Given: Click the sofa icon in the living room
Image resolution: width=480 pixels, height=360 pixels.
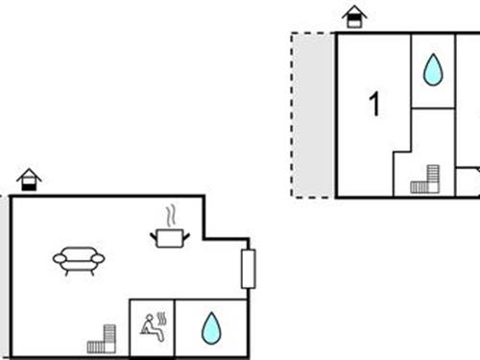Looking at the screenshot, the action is (x=79, y=259).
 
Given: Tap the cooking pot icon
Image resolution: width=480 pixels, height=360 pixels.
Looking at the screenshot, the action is (x=171, y=236).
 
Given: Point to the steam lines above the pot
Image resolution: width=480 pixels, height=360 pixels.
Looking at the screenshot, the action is (x=171, y=213).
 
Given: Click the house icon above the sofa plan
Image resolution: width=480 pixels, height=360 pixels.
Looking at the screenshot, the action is (x=30, y=180).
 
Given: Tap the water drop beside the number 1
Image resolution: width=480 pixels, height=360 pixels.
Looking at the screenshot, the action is (x=433, y=69).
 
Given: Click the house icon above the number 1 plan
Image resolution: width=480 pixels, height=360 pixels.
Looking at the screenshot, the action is (x=354, y=16).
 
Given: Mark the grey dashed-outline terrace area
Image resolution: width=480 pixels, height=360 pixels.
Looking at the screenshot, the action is (x=313, y=115).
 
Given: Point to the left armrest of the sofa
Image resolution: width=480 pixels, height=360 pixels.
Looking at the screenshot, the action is (x=58, y=258).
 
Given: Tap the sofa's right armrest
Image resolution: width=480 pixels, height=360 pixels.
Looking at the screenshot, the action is (x=100, y=258).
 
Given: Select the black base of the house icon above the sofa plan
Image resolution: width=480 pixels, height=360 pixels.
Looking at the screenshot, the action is (x=30, y=185).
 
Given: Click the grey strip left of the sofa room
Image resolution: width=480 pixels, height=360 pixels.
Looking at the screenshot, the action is (x=5, y=278).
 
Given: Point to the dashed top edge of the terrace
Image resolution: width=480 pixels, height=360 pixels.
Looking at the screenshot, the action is (x=313, y=34).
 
